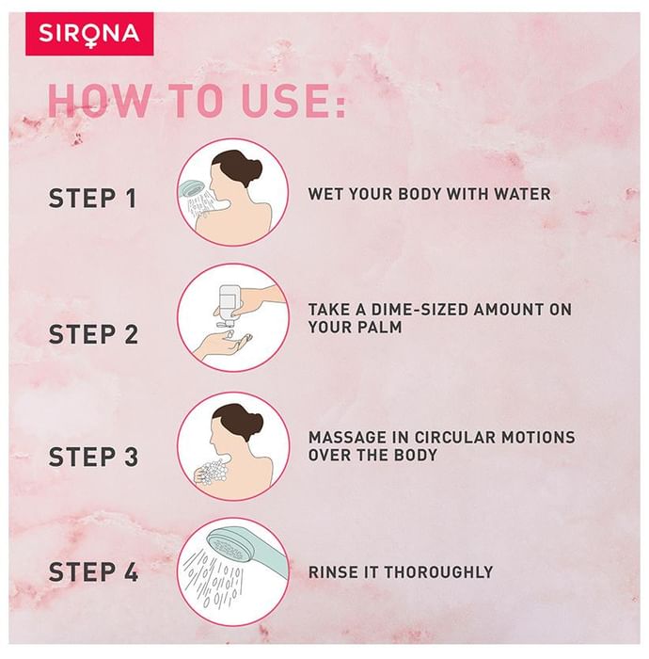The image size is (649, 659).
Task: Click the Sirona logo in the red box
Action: [x=89, y=34]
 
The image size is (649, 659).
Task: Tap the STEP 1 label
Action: [x=92, y=198]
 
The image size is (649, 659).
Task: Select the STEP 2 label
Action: [x=93, y=334]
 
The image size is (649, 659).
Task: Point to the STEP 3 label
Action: [x=93, y=457]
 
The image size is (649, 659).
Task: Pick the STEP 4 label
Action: [x=93, y=571]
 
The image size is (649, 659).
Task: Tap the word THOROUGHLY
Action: [x=438, y=572]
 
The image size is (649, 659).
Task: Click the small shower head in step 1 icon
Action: [x=193, y=188]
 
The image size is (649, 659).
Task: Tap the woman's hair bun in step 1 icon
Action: [x=254, y=169]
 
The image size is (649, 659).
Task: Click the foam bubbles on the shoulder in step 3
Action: [x=214, y=471]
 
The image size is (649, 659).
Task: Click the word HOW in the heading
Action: [x=99, y=101]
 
